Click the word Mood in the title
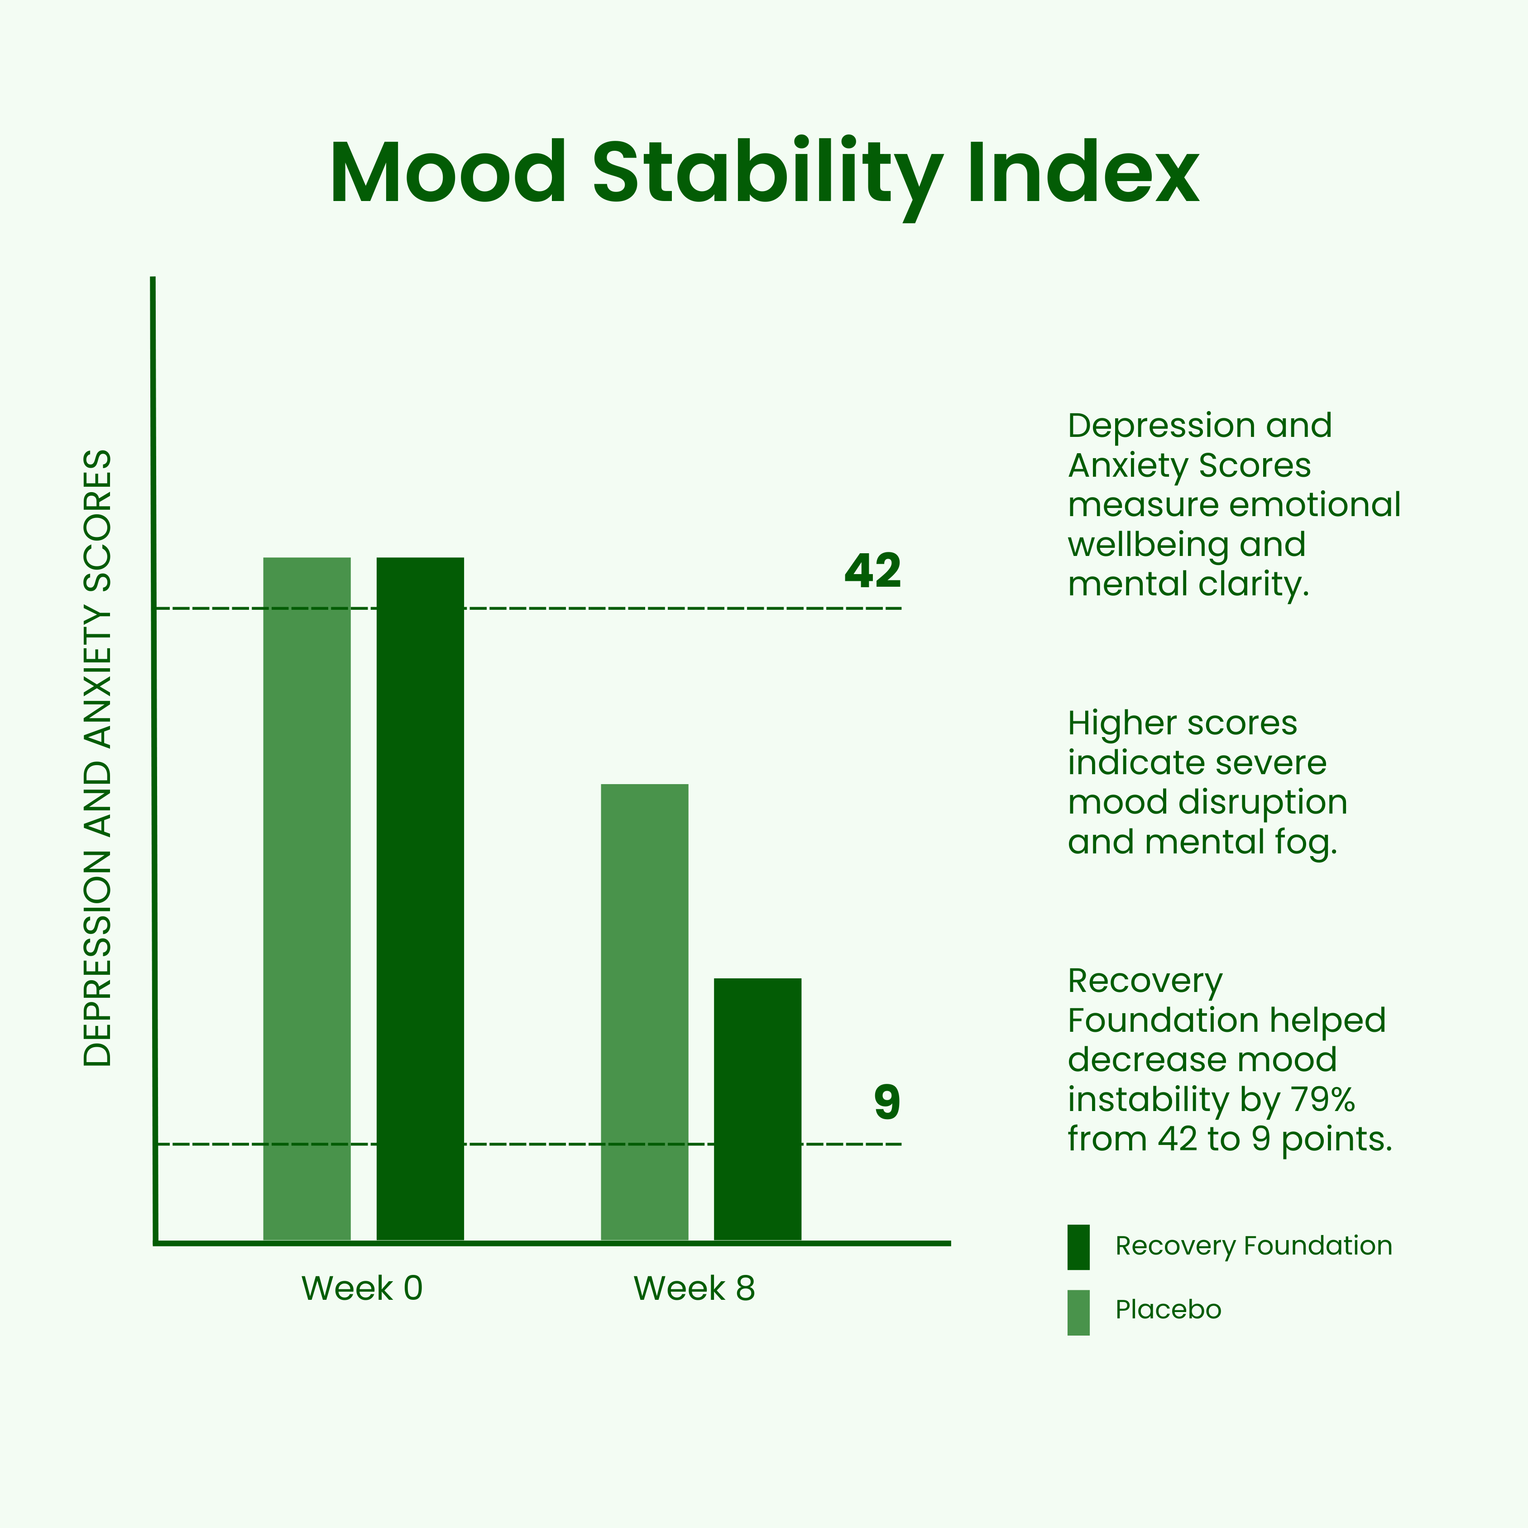(x=448, y=173)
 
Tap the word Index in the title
(x=1082, y=173)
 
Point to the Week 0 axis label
(x=362, y=1289)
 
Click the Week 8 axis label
(x=695, y=1289)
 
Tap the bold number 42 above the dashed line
(x=872, y=570)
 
